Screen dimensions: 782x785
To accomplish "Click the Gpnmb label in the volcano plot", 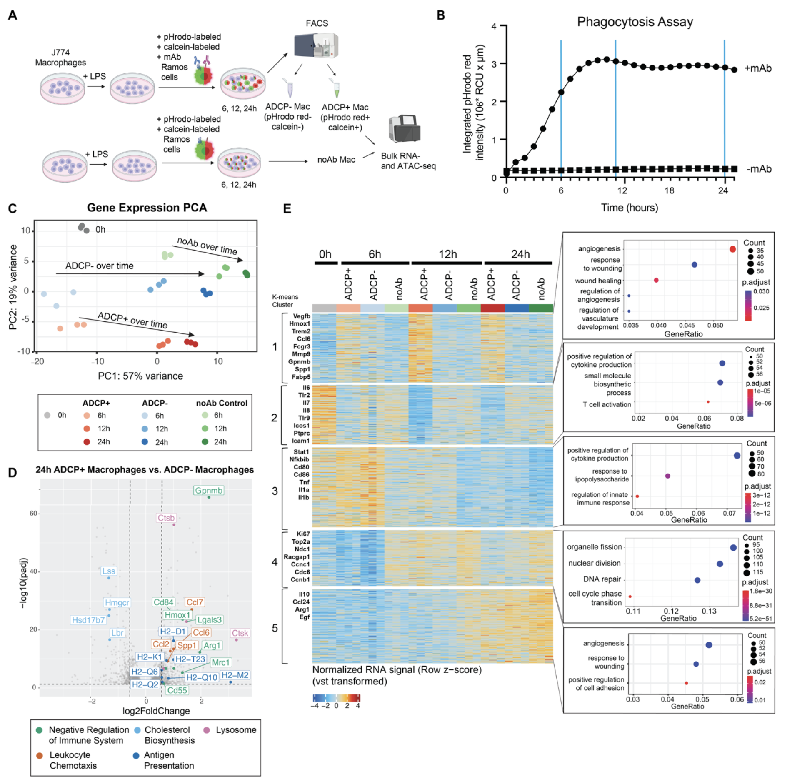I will pyautogui.click(x=209, y=491).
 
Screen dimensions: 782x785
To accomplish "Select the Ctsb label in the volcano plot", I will pyautogui.click(x=166, y=518).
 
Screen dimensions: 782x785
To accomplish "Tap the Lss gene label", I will pyautogui.click(x=109, y=571).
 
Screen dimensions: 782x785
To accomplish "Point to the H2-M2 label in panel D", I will pyautogui.click(x=235, y=675).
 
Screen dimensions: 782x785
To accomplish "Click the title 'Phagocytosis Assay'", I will pyautogui.click(x=635, y=22).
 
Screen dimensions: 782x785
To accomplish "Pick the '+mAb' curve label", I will pyautogui.click(x=758, y=68).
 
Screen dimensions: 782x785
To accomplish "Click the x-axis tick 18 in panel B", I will pyautogui.click(x=669, y=190).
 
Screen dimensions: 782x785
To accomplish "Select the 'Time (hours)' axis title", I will pyautogui.click(x=629, y=208).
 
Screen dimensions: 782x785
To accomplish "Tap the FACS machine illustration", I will pyautogui.click(x=316, y=45).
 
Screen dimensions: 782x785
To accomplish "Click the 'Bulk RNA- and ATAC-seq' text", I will pyautogui.click(x=408, y=161).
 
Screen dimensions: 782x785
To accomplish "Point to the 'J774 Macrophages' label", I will pyautogui.click(x=60, y=58).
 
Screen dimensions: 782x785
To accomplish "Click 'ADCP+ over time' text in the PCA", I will pyautogui.click(x=132, y=320).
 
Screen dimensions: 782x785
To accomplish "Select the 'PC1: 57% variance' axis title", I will pyautogui.click(x=140, y=376).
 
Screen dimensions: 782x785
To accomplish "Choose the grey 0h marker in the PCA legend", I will pyautogui.click(x=47, y=415).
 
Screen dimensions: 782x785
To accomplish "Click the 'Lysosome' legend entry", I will pyautogui.click(x=236, y=730).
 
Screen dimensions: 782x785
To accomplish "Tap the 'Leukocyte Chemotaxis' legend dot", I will pyautogui.click(x=40, y=755).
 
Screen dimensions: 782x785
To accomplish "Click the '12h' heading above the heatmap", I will pyautogui.click(x=447, y=254).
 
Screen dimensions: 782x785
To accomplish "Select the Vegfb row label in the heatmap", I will pyautogui.click(x=301, y=316).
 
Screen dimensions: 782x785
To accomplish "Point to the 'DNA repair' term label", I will pyautogui.click(x=602, y=579).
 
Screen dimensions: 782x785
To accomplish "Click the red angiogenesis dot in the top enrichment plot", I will pyautogui.click(x=732, y=249).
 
